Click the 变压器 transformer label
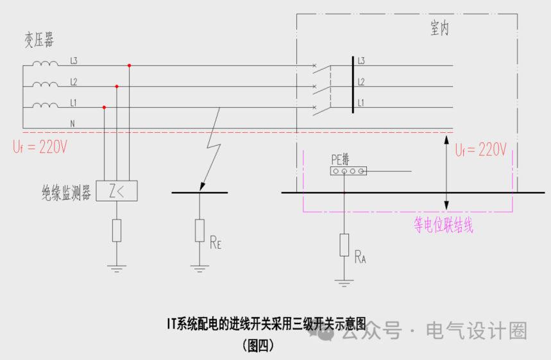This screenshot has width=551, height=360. (39, 41)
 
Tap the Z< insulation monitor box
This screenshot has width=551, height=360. (116, 191)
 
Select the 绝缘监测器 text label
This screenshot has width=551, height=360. (66, 191)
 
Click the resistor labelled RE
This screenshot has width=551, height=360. (200, 230)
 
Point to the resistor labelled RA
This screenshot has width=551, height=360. (344, 244)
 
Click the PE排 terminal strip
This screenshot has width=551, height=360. (348, 171)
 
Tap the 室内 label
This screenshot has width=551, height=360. (438, 30)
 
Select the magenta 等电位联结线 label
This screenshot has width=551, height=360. (443, 226)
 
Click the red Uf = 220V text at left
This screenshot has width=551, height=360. (39, 147)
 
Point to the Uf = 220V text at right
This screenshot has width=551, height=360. (480, 150)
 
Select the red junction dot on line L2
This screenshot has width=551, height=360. (116, 86)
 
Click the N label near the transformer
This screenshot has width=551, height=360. (72, 122)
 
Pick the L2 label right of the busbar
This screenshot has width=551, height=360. (361, 81)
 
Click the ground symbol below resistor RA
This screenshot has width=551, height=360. (344, 282)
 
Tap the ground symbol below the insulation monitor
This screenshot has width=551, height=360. (116, 268)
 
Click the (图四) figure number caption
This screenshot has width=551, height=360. (259, 346)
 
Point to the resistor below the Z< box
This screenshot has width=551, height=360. (116, 230)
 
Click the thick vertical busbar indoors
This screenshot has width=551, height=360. (353, 85)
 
